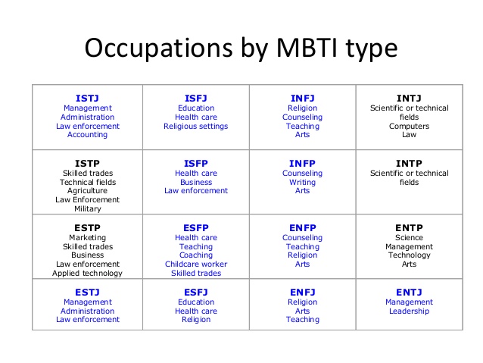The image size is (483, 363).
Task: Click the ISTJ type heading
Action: point(87,98)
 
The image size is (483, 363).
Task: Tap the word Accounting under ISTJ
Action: point(87,135)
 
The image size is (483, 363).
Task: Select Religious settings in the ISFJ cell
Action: point(195,126)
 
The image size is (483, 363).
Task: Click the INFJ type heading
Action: point(302,98)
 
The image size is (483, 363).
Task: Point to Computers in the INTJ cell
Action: point(409,126)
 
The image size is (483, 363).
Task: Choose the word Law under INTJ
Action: point(409,135)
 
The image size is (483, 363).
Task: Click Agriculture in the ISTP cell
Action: point(87,191)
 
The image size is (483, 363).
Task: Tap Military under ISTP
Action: point(87,209)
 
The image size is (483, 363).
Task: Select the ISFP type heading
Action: point(195,163)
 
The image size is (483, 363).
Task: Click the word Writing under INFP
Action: point(302,182)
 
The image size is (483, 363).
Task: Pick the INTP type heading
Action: point(409,163)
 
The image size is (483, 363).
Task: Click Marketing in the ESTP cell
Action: point(87,237)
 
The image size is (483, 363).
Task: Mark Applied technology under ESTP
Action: point(87,274)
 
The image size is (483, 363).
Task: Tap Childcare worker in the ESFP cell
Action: point(195,264)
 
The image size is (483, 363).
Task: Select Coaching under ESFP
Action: point(195,255)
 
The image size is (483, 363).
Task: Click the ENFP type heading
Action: point(302,227)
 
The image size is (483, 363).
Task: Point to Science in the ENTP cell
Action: point(409,237)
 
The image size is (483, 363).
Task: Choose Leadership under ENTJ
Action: point(409,311)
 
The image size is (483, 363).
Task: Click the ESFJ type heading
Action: point(195,292)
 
